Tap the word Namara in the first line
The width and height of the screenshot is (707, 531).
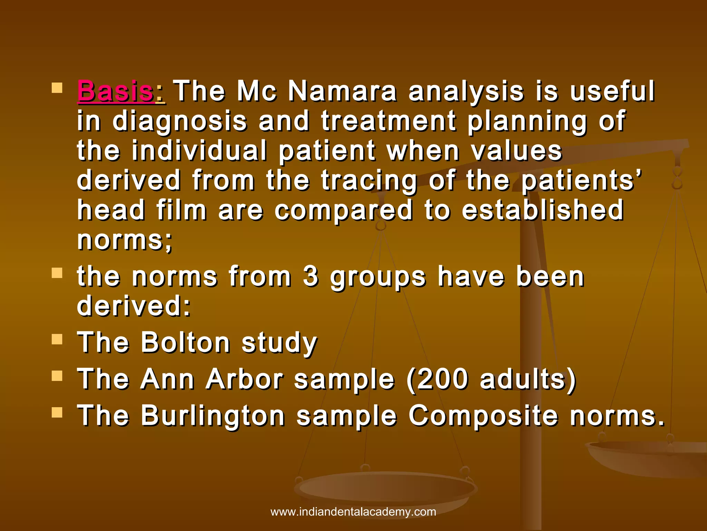[x=342, y=91]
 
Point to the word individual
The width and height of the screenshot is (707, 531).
[x=200, y=151]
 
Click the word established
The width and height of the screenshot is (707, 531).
[x=543, y=210]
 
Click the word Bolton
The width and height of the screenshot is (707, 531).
[x=186, y=343]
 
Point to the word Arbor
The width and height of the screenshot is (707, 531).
[x=245, y=379]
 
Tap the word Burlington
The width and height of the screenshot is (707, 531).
[x=213, y=416]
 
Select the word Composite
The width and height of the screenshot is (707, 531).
[x=483, y=416]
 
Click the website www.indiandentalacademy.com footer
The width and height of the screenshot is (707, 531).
[x=353, y=512]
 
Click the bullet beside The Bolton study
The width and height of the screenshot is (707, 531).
[x=57, y=339]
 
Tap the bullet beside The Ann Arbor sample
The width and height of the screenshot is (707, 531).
[x=57, y=376]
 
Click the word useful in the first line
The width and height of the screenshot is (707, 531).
[x=612, y=91]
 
